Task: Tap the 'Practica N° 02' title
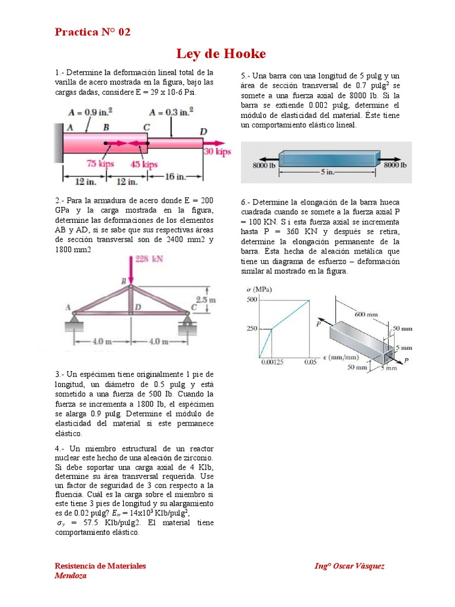[92, 32]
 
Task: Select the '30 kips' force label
[217, 152]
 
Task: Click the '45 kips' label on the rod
[144, 164]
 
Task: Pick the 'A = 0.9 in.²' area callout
[91, 111]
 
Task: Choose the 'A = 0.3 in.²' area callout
[172, 111]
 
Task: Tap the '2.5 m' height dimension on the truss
[206, 301]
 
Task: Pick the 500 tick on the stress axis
[252, 301]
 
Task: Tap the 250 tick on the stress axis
[252, 329]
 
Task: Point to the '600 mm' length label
[366, 314]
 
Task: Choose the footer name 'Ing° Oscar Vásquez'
[349, 566]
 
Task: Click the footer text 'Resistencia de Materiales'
[100, 566]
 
